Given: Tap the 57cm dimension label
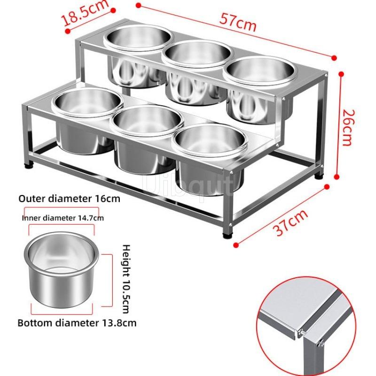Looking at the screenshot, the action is tap(238, 22).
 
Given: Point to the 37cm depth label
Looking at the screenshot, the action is tap(290, 223).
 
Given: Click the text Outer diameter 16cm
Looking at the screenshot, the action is tap(69, 199).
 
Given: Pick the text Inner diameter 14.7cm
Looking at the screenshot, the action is tap(63, 218).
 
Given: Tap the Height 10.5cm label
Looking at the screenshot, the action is tap(126, 279).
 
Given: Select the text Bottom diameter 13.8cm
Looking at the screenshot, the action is tap(77, 323).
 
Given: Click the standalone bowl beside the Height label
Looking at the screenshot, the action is tap(61, 269).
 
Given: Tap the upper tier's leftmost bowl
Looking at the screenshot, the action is tap(137, 55).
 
